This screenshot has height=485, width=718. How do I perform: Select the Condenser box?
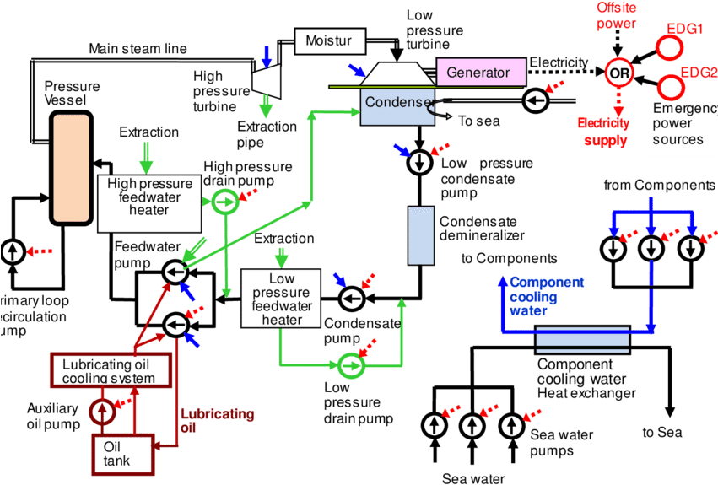pos(397,107)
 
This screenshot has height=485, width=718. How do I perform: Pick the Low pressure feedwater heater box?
pos(282,299)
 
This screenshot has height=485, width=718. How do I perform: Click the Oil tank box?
pos(121,454)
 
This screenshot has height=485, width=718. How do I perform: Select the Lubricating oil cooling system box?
pos(109,370)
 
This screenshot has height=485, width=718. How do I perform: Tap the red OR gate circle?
pos(618,73)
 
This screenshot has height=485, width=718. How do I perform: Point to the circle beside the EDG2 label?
pos(670,87)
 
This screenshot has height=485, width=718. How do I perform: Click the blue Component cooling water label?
pos(546,296)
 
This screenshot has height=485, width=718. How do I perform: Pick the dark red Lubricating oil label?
pos(219,420)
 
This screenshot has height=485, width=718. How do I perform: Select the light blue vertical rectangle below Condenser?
pos(421,235)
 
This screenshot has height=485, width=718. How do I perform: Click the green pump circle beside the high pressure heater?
pos(224,202)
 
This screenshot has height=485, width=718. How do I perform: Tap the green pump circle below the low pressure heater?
pos(350,366)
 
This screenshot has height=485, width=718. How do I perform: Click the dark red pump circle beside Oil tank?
pos(101,412)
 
